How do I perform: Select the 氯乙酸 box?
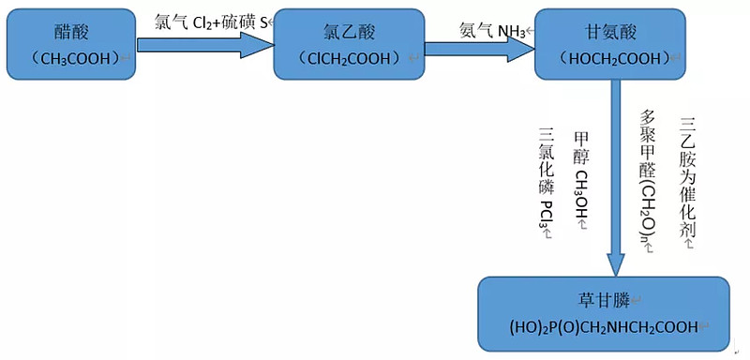point(349,44)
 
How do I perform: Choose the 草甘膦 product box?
point(604,313)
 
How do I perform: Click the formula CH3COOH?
point(74,58)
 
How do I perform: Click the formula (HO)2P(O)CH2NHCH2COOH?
point(604,327)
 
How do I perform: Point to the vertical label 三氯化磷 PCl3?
point(546,184)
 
